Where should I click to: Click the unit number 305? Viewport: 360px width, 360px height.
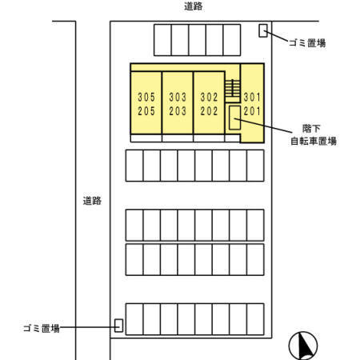tap(146, 98)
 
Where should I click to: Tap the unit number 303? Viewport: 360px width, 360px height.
tap(178, 98)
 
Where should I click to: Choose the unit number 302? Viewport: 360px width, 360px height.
tap(209, 98)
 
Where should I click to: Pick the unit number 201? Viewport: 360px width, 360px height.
tap(252, 110)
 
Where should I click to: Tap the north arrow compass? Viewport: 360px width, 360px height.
tap(303, 346)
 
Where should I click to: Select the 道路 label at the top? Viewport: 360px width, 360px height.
tap(193, 6)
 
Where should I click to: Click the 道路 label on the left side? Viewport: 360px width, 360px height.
tap(92, 201)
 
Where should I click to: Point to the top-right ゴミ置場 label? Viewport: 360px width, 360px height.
tap(307, 43)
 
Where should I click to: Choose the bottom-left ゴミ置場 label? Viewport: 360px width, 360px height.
tap(41, 328)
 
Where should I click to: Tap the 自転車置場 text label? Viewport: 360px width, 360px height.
tap(313, 142)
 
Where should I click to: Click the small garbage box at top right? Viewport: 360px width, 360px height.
tap(263, 31)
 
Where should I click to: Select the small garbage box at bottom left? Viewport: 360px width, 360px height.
tap(118, 326)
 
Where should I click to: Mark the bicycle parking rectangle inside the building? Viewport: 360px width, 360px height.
tap(234, 118)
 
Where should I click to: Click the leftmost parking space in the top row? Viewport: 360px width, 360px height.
tap(162, 38)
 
